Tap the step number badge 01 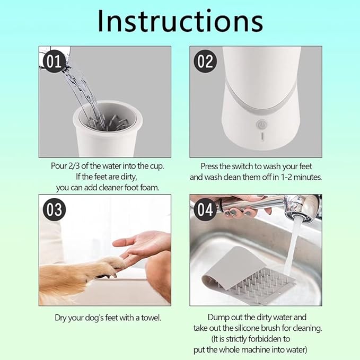(x=54, y=62)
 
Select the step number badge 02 (x=205, y=62)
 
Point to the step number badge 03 (x=54, y=209)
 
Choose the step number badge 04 (x=205, y=209)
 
